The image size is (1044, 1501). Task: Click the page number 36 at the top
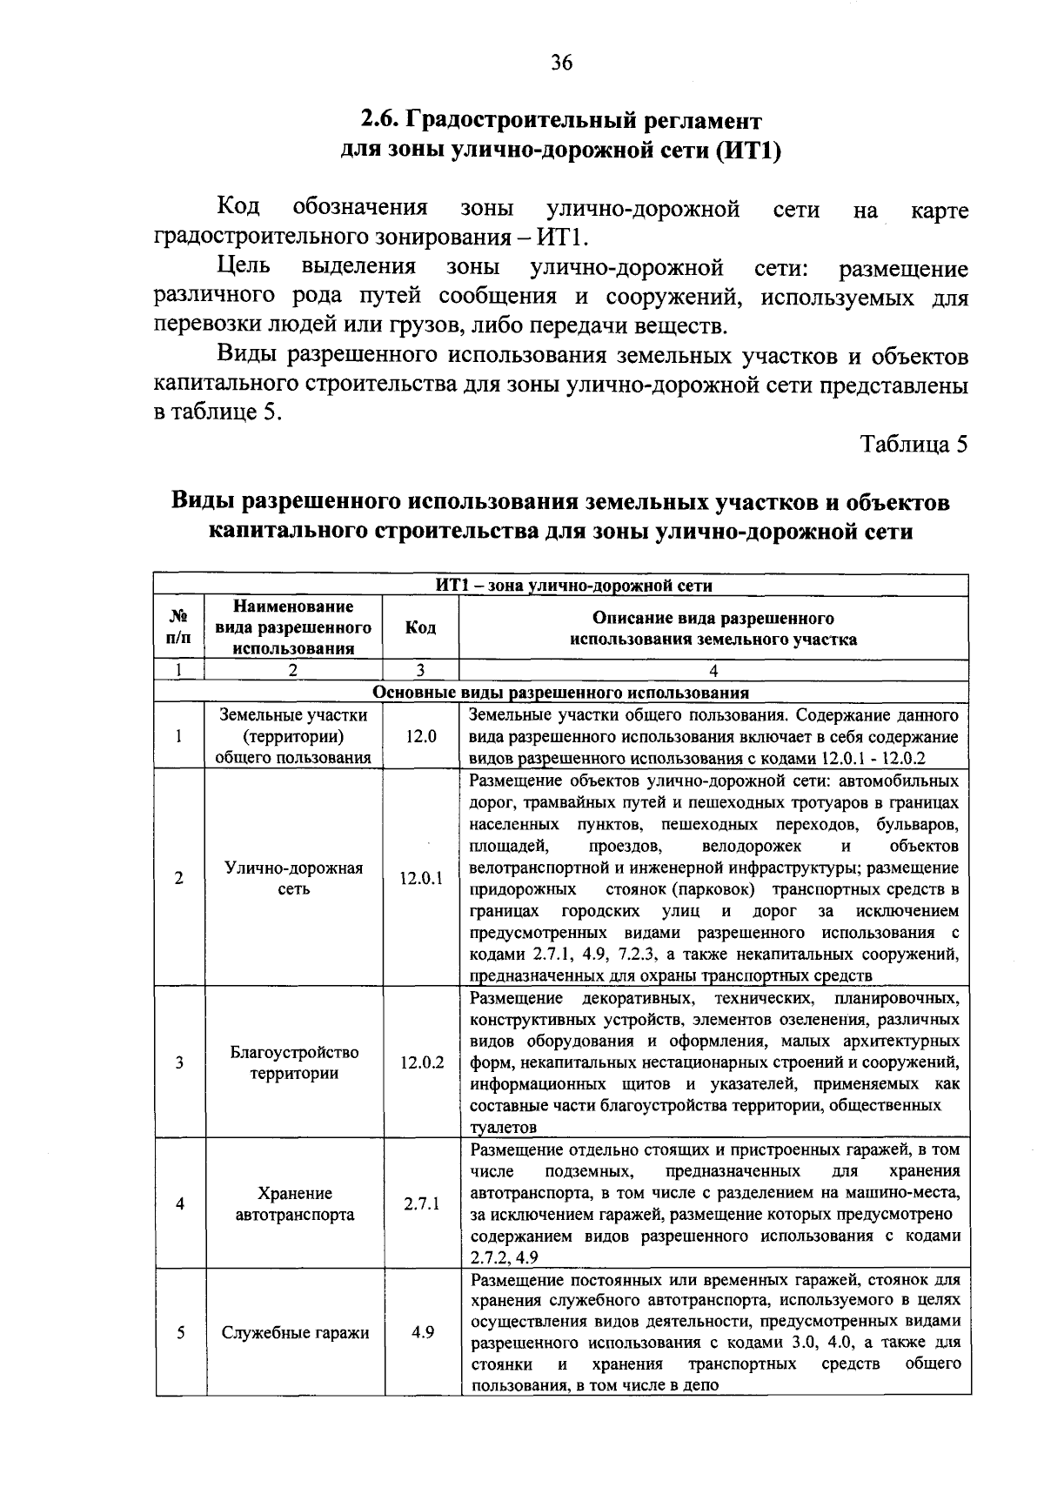[x=561, y=63]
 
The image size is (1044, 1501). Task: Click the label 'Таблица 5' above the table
[x=913, y=445]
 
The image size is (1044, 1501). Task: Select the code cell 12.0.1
[x=421, y=879]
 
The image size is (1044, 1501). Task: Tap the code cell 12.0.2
[x=421, y=1062]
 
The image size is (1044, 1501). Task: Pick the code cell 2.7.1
[x=421, y=1204]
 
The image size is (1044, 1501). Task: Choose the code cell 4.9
[x=423, y=1332]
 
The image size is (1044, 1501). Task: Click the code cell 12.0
[x=421, y=736]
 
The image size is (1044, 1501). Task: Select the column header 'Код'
[x=421, y=628]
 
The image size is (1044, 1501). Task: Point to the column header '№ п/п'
[x=178, y=627]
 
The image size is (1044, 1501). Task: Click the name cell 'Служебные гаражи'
[x=295, y=1333]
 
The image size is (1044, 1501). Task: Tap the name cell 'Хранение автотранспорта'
[x=295, y=1204]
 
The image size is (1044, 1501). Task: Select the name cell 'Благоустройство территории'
[x=295, y=1062]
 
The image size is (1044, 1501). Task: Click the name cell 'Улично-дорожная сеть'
[x=295, y=879]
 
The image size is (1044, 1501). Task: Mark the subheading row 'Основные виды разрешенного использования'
[x=561, y=694]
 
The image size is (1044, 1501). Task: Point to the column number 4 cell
[x=713, y=671]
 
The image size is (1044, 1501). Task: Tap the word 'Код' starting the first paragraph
[x=238, y=208]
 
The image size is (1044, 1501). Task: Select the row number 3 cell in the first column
[x=178, y=1062]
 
